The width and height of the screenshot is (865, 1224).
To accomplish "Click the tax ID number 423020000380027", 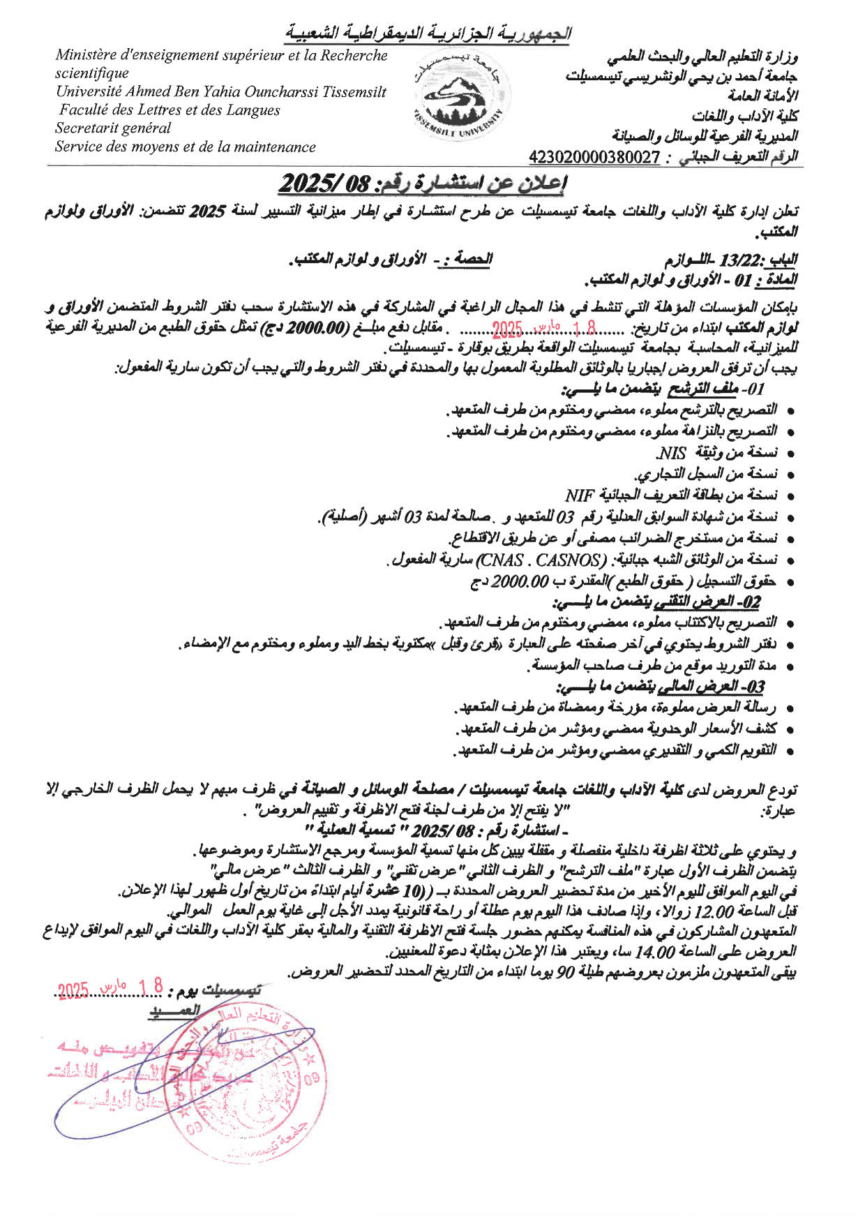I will click(x=594, y=158).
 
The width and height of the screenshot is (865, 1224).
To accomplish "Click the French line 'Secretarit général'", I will click(x=113, y=128).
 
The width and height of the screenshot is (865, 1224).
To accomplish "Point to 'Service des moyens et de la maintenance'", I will click(x=185, y=147).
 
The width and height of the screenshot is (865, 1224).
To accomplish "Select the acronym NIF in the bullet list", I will click(x=579, y=495).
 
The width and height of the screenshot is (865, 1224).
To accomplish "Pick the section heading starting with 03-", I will click(x=665, y=687).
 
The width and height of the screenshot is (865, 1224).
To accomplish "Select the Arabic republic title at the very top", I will click(x=428, y=33).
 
